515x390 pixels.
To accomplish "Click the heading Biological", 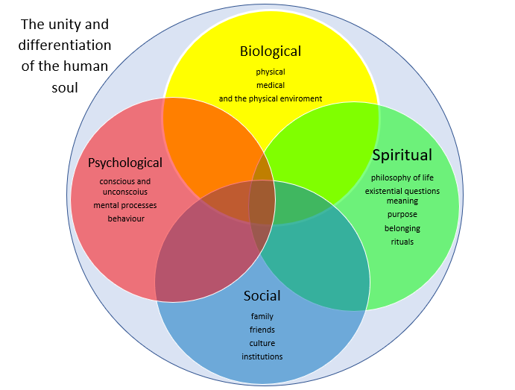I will point(270,51).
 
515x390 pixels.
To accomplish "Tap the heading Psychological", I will point(124,163).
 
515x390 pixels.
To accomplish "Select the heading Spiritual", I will point(402,155).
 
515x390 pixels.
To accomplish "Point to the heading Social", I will point(262,297).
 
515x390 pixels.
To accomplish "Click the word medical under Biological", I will point(270,85).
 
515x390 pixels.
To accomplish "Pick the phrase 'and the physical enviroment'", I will point(270,98).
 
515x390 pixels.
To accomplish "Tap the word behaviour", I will point(125,218).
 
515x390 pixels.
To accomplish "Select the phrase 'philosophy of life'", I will point(402,177).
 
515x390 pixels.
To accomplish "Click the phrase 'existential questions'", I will point(402,191).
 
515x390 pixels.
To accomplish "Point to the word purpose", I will point(402,215).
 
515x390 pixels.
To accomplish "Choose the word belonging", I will point(402,228).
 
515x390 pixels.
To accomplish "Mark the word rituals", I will point(402,242).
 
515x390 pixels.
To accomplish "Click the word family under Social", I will point(262,317).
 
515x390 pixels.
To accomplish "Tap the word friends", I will point(262,330).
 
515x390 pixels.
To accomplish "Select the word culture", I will point(262,344).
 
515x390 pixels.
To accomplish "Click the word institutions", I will point(262,357).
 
